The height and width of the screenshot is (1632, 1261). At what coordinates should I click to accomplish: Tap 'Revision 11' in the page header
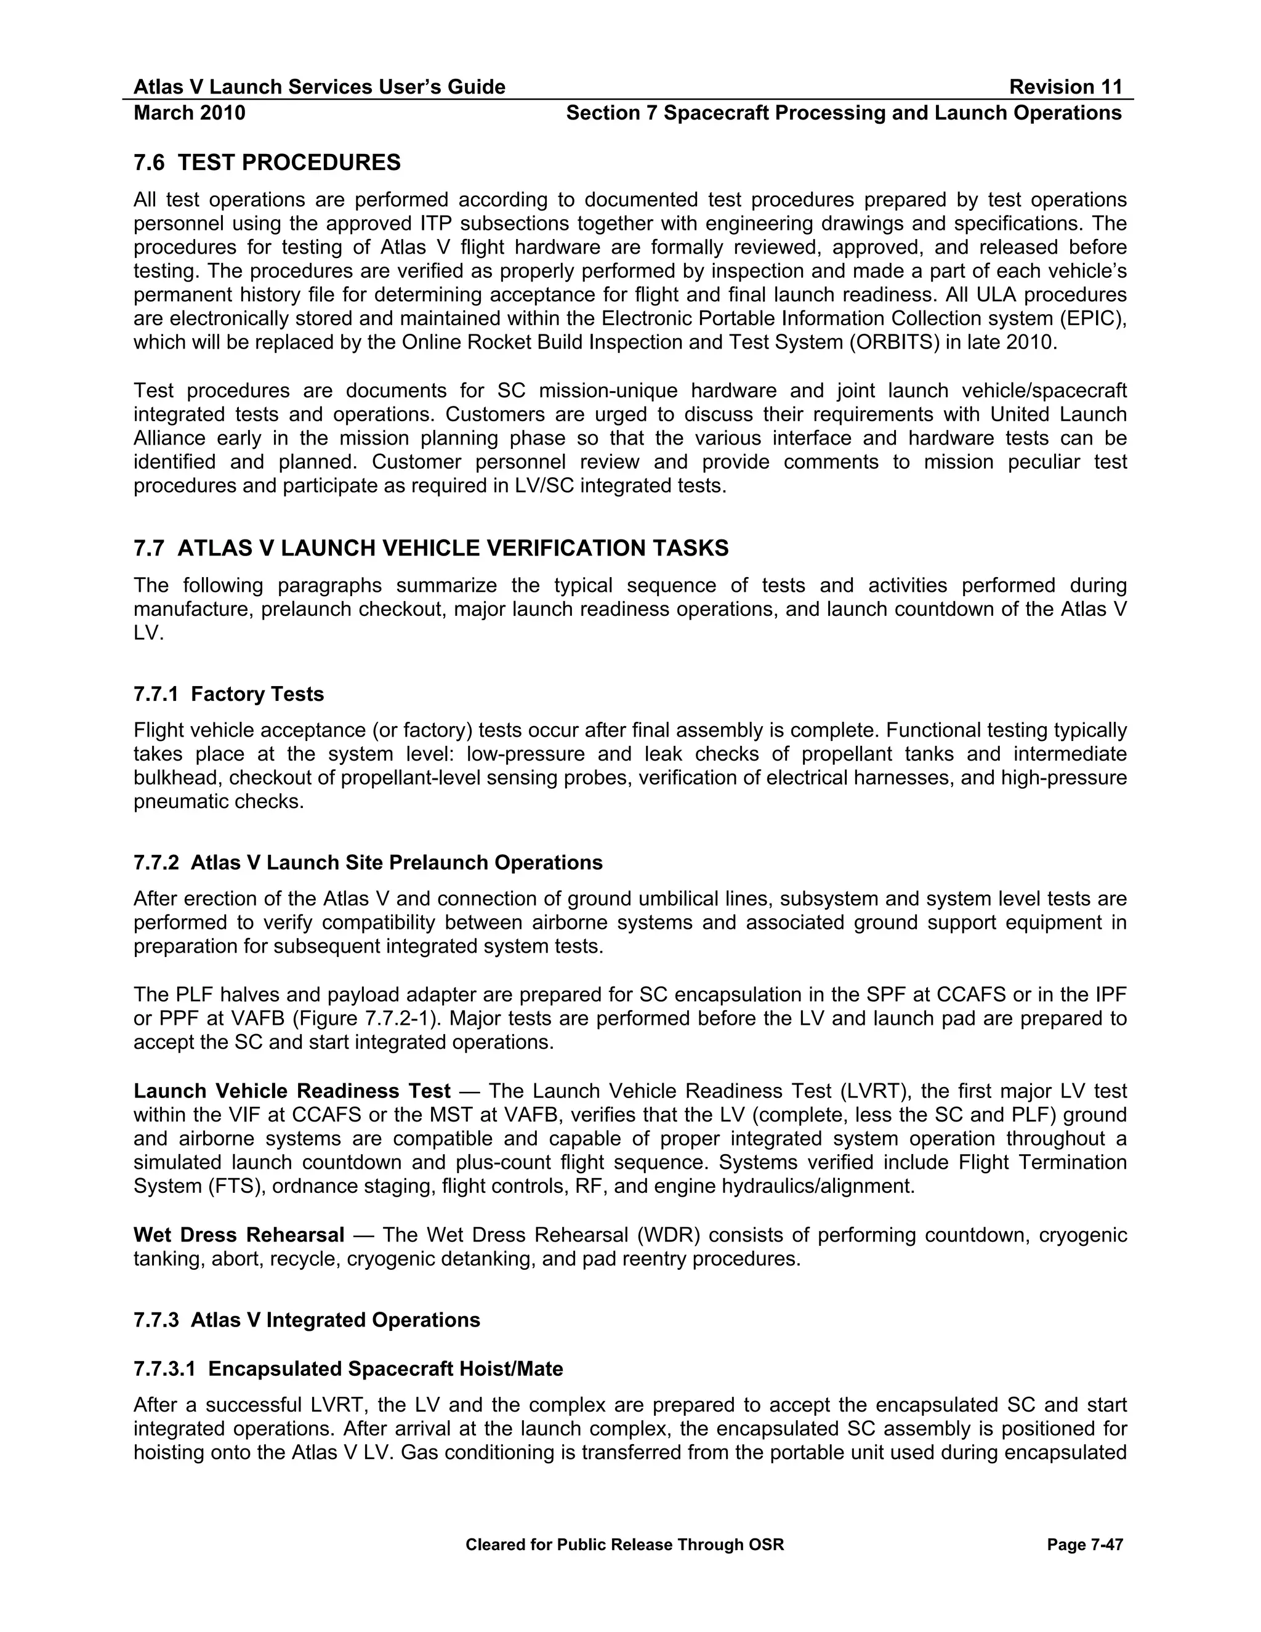coord(1065,87)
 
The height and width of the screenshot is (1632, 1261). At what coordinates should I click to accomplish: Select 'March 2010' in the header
coord(189,113)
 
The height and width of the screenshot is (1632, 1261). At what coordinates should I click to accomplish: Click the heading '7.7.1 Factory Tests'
coord(228,694)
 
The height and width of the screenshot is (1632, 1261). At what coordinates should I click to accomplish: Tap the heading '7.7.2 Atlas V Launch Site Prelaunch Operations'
coord(368,862)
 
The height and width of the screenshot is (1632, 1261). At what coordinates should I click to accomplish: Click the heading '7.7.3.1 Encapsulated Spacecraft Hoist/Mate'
coord(348,1368)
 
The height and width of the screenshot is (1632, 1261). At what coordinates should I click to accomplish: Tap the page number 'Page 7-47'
coord(1085,1545)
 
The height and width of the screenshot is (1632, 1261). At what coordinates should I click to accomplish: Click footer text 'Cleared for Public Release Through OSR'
coord(624,1545)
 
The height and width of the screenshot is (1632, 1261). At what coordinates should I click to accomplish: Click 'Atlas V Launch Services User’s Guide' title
coord(319,87)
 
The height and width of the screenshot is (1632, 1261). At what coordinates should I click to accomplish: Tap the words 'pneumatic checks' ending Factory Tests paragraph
coord(218,802)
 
